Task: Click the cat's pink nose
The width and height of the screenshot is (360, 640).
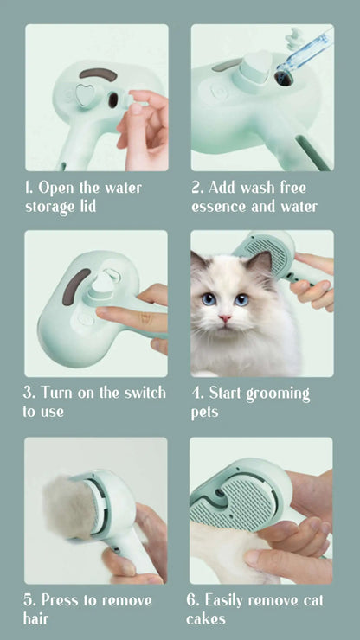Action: pos(225,318)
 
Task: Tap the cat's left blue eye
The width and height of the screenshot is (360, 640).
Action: pos(209,299)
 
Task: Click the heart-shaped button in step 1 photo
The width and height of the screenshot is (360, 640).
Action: pos(85,96)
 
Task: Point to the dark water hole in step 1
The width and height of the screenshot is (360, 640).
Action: pos(113,100)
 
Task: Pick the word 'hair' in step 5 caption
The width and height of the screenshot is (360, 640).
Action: pos(36,618)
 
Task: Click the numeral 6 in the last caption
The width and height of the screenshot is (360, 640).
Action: pos(191,600)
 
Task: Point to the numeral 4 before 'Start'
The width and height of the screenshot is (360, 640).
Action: pos(196,393)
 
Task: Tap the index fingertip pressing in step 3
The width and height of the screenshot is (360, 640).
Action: pos(101,314)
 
